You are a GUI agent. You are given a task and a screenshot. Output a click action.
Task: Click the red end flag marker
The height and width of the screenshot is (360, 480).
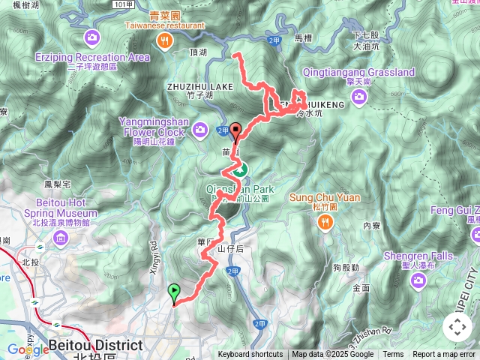point(235,131)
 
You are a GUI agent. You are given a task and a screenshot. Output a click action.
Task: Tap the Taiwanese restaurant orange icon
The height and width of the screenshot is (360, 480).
point(163,42)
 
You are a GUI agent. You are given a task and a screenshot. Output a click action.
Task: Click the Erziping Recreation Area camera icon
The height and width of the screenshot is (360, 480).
point(91,36)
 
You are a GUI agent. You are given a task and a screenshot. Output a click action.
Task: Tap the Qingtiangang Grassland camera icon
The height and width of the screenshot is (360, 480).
point(359,95)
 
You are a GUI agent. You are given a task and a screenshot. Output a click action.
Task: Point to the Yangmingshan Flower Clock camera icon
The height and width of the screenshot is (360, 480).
point(200,130)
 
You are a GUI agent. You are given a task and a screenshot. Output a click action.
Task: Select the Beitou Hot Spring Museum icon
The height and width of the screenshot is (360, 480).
point(61,238)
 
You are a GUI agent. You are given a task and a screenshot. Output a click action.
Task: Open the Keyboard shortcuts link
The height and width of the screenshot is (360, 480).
point(250,355)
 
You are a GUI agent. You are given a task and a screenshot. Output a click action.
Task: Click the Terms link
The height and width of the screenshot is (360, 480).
point(393,355)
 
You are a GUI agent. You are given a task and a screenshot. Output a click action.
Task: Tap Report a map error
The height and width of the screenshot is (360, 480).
point(445,355)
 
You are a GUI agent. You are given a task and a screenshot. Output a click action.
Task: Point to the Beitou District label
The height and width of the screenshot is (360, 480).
point(94,346)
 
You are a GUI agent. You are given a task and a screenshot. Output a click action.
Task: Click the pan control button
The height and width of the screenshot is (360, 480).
point(457,327)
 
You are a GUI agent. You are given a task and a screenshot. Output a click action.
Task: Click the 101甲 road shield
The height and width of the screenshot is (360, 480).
point(124,4)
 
